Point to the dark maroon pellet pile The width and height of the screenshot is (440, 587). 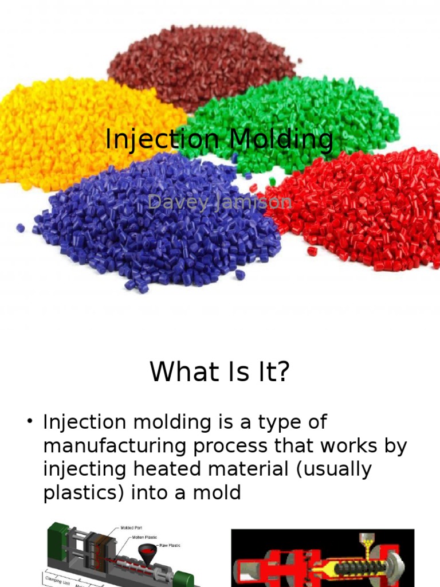point(201,63)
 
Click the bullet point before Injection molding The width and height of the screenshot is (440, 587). point(30,422)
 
